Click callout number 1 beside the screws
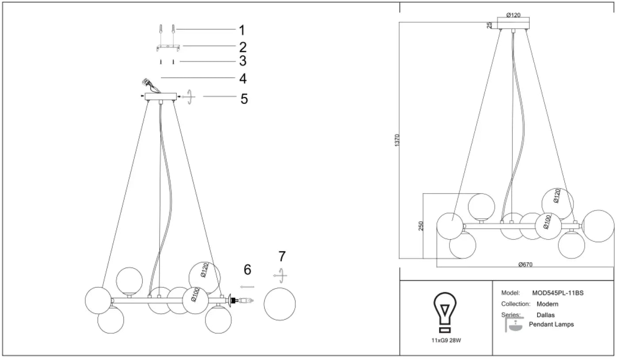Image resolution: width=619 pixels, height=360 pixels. pos(242,30)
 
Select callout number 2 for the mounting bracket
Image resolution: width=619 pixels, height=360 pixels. pos(243,47)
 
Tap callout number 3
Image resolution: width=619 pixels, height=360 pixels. pos(243,61)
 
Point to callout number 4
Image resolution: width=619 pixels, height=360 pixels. pos(243,79)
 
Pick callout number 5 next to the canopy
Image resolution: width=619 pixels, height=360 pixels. pos(244,99)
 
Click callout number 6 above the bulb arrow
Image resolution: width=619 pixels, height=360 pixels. pos(247,270)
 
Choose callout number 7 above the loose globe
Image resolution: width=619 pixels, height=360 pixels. pos(282,257)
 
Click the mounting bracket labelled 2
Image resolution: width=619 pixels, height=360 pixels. pos(168,48)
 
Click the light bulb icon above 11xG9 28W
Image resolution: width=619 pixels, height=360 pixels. pos(445,312)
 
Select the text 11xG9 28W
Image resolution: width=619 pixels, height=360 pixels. pos(446,341)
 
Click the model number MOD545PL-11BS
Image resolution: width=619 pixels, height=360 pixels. pos(558,293)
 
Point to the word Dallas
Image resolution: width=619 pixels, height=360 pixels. pos(546,315)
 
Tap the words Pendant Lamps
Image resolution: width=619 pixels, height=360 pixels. pos(551,324)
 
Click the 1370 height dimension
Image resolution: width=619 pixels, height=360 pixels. pos(397,140)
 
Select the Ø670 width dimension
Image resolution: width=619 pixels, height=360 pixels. pos(525,264)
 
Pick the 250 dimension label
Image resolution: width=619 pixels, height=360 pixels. pos(420,226)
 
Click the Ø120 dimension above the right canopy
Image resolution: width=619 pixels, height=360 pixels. pos(513,15)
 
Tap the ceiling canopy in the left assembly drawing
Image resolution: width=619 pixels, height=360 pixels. pos(160,96)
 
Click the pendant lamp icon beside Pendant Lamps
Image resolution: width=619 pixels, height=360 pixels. pos(514,325)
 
